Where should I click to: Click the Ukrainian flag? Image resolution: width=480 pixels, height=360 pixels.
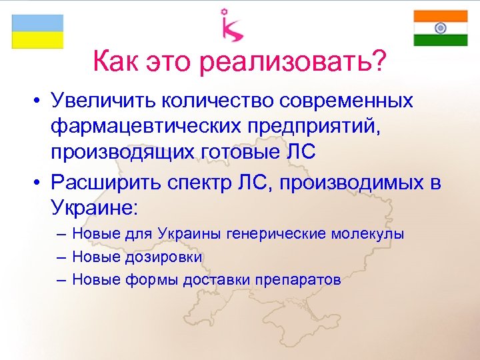click(37, 31)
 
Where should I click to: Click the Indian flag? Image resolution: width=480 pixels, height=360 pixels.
click(440, 28)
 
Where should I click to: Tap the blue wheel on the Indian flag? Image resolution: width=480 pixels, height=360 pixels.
click(440, 28)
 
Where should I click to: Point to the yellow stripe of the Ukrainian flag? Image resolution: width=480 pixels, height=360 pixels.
click(37, 40)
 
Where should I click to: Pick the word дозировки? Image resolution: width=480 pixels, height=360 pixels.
click(164, 257)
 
